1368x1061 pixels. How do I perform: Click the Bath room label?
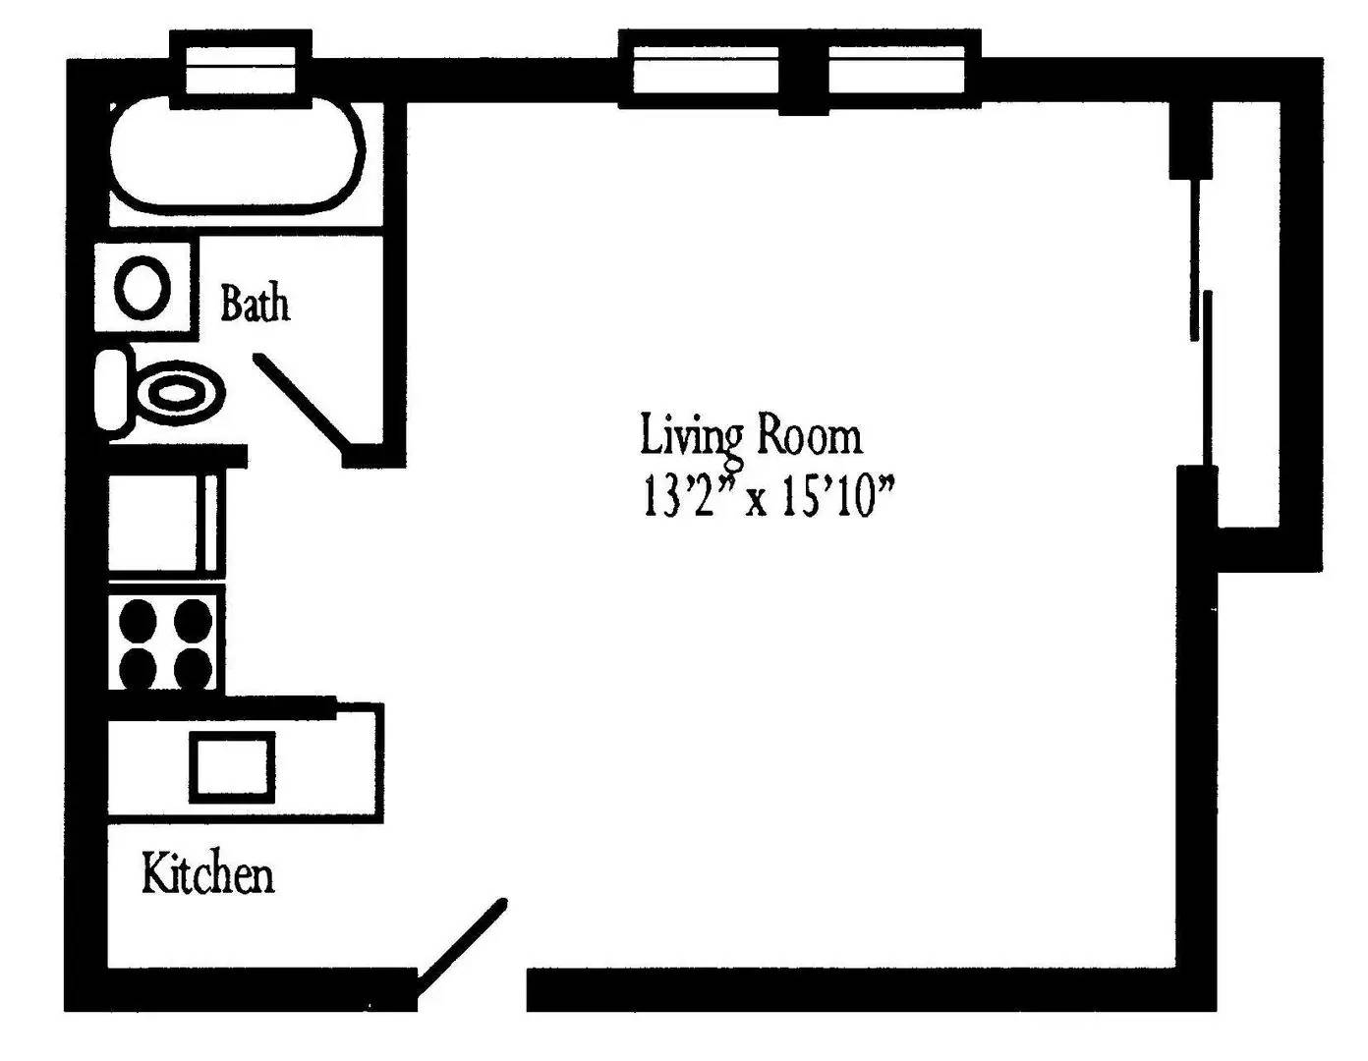[x=255, y=304]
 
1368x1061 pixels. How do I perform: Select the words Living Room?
[x=751, y=435]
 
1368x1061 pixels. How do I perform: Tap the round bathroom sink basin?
[x=142, y=287]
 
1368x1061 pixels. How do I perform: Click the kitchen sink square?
[x=233, y=766]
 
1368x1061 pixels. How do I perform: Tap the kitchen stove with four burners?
[x=165, y=642]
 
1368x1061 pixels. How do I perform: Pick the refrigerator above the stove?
[x=164, y=523]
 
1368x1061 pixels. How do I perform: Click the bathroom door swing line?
[x=301, y=404]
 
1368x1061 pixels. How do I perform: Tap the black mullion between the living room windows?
[x=803, y=81]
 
